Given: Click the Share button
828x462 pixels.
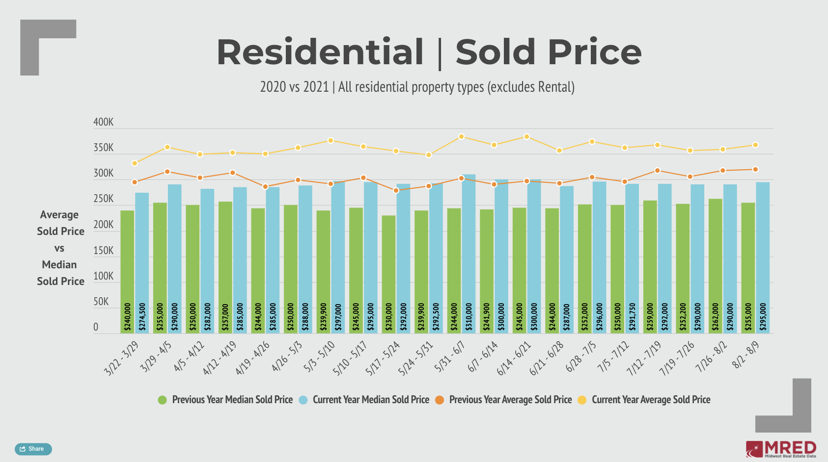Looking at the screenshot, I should (33, 449).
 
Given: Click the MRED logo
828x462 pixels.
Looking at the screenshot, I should (781, 449).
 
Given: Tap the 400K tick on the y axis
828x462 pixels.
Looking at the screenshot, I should (103, 122).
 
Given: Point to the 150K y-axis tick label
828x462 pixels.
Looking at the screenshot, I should (103, 251).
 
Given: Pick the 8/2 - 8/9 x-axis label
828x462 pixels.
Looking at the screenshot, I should (745, 355).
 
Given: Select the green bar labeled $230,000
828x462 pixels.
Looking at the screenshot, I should (388, 274).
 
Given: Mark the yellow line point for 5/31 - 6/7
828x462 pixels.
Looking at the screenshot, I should (461, 137).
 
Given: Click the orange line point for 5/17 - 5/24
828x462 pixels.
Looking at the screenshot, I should (396, 190).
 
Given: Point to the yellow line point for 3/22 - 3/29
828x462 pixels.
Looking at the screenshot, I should (135, 163).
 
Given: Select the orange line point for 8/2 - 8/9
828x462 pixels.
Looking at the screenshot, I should (755, 170).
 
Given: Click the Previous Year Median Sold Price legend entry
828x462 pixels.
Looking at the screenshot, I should (225, 400).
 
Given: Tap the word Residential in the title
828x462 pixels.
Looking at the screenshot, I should (320, 52).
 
